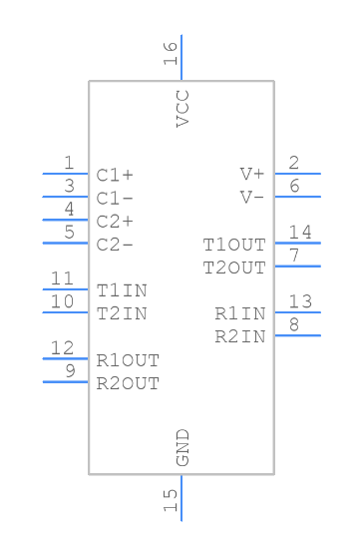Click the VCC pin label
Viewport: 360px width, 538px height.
click(x=182, y=108)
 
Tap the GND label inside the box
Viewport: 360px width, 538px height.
click(x=182, y=447)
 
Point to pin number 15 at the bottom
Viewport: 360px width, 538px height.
click(x=172, y=496)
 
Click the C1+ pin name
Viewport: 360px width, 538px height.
click(x=115, y=175)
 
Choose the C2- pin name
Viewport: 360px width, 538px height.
click(x=115, y=245)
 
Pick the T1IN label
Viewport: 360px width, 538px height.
click(x=122, y=290)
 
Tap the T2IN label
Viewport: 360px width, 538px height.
click(x=122, y=313)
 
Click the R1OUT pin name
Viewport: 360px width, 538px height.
click(x=128, y=360)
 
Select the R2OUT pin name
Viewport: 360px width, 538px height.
click(x=128, y=383)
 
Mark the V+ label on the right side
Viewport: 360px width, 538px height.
click(x=252, y=174)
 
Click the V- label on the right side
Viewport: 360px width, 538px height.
click(x=252, y=197)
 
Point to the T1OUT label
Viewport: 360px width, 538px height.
click(x=234, y=245)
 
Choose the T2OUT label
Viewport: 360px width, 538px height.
click(x=234, y=268)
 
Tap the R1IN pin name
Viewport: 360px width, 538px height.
click(x=240, y=313)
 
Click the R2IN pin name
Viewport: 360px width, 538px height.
click(x=240, y=336)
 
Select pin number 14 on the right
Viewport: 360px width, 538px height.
click(x=300, y=233)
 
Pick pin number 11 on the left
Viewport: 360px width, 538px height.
click(x=62, y=279)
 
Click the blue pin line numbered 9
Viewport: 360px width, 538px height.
click(x=65, y=381)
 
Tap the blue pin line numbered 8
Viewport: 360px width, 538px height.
click(x=297, y=335)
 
